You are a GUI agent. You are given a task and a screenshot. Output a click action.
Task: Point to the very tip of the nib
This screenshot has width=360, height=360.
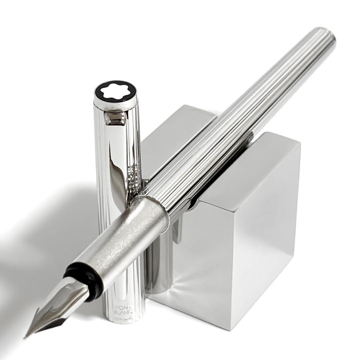[25, 337]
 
